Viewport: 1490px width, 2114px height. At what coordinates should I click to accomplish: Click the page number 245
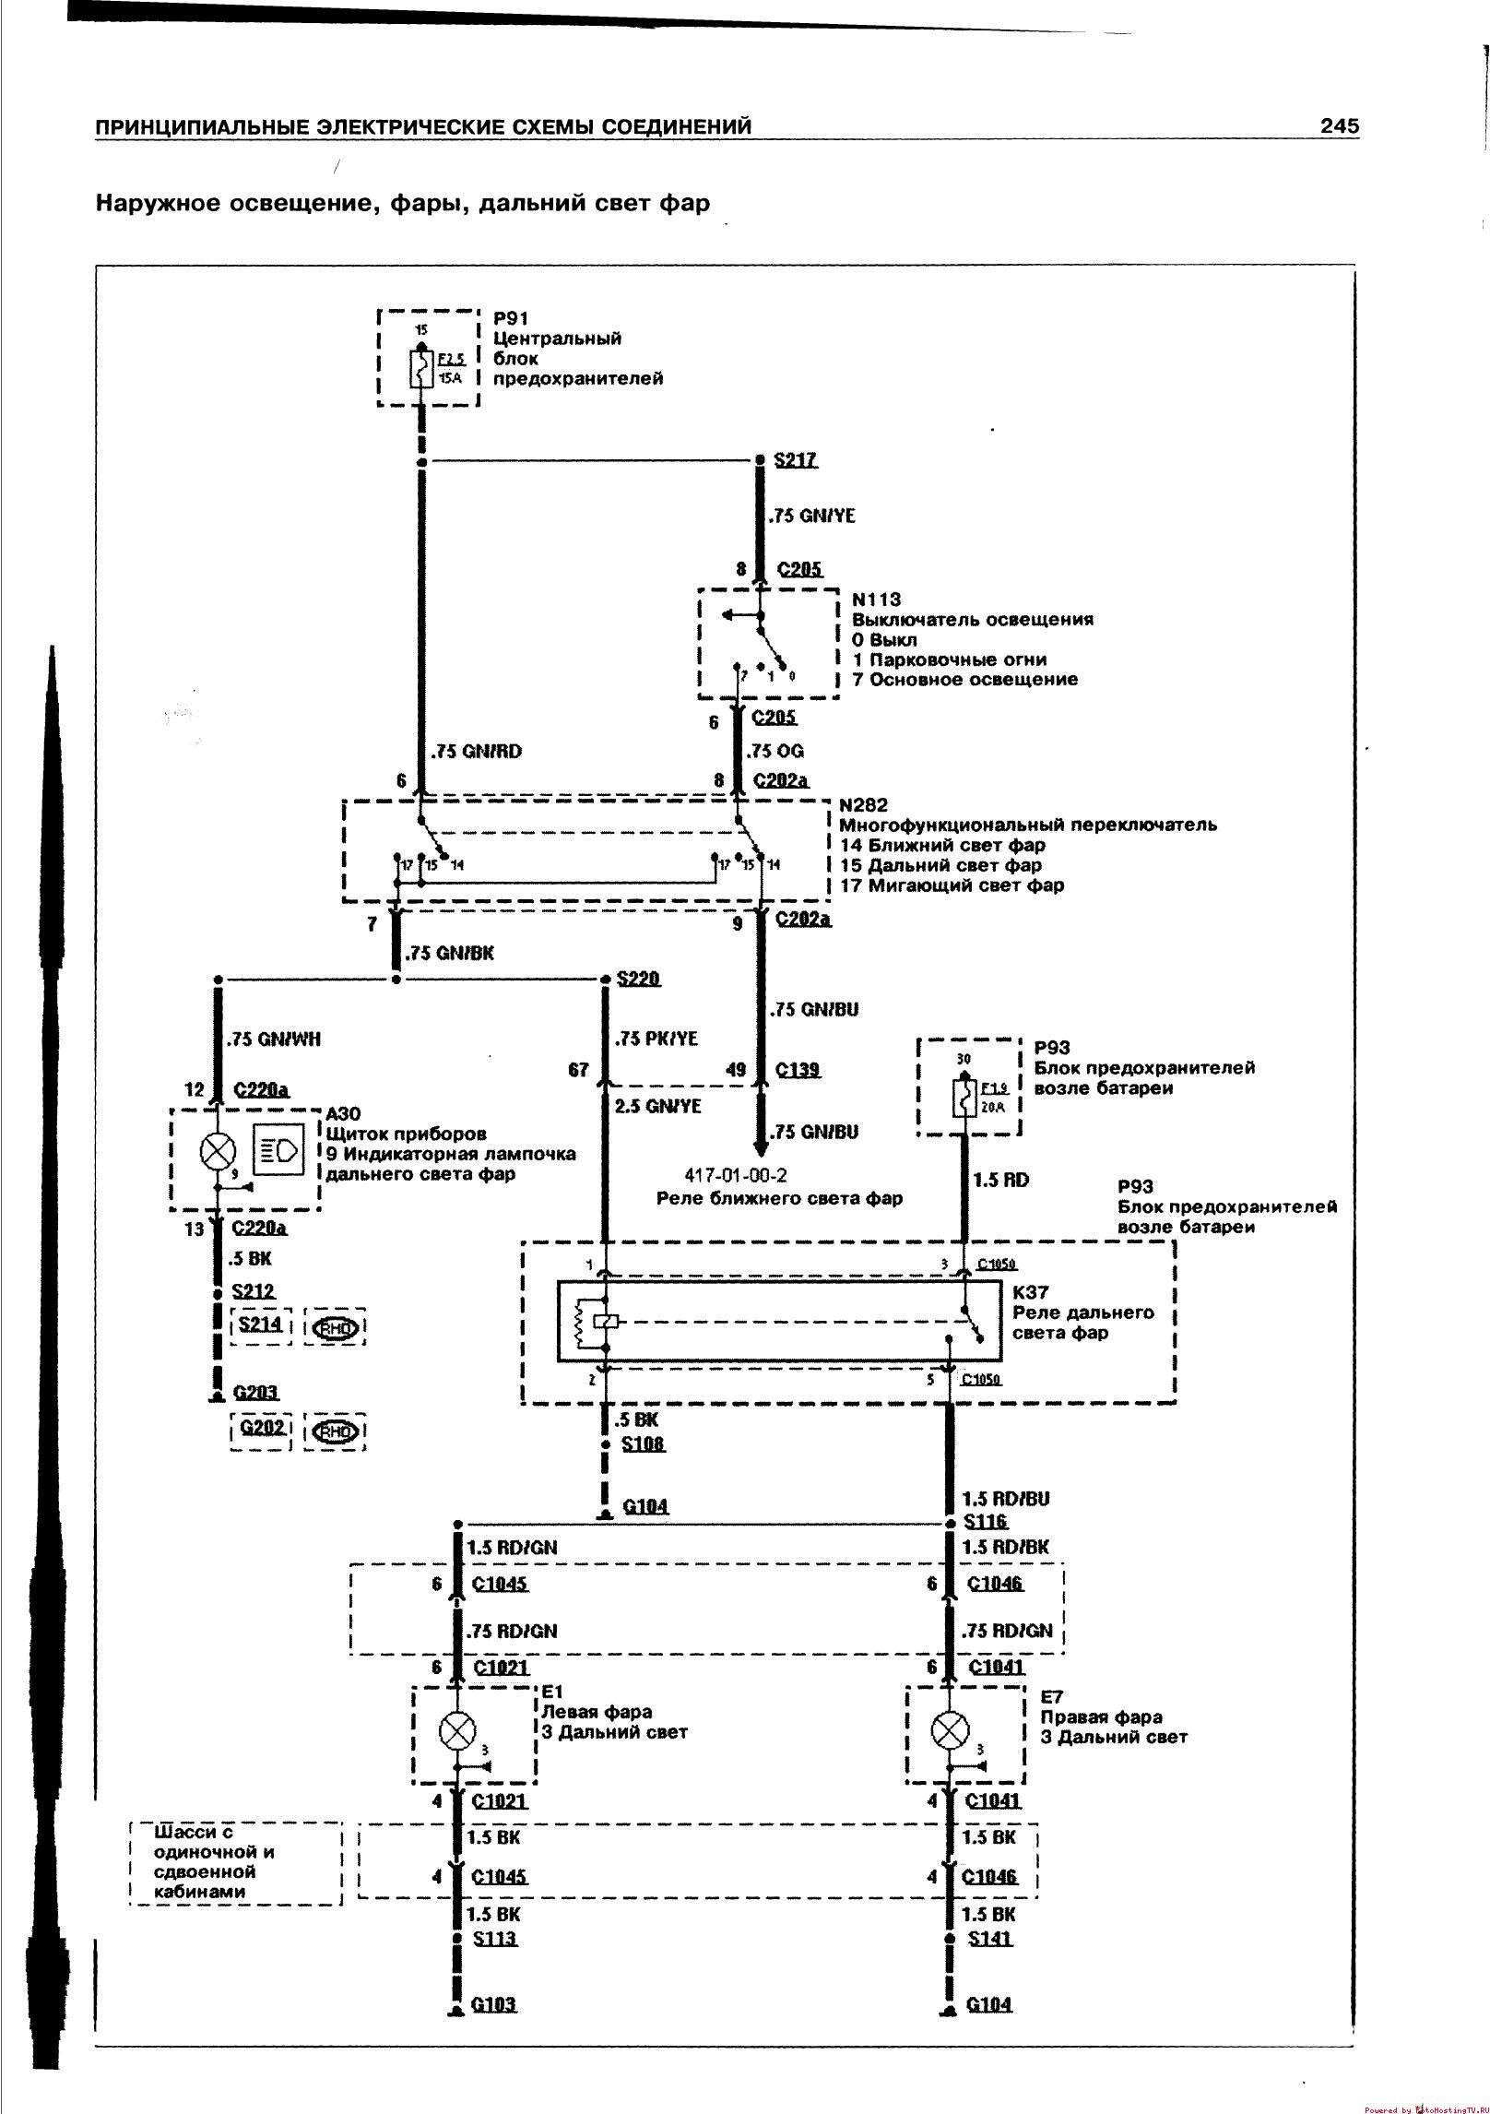[1339, 126]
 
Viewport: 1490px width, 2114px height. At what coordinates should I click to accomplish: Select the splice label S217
[796, 460]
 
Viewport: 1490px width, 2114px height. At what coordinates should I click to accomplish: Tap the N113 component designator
[877, 600]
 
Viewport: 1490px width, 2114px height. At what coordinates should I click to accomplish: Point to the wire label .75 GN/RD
[477, 751]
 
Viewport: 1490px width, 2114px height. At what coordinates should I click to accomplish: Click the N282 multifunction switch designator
[864, 805]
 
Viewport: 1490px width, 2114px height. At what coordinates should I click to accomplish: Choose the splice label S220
[639, 979]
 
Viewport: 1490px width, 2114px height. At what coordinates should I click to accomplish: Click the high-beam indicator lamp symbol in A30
[218, 1150]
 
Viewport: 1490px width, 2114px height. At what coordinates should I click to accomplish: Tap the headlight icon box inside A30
[279, 1150]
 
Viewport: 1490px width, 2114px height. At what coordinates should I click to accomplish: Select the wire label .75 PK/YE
[656, 1039]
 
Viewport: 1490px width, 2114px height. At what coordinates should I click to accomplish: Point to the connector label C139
[798, 1070]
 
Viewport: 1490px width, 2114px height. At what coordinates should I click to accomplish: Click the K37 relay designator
[1031, 1293]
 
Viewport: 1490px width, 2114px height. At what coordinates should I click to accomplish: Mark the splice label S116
[985, 1523]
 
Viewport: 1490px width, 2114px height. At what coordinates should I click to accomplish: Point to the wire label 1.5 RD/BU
[1005, 1500]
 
